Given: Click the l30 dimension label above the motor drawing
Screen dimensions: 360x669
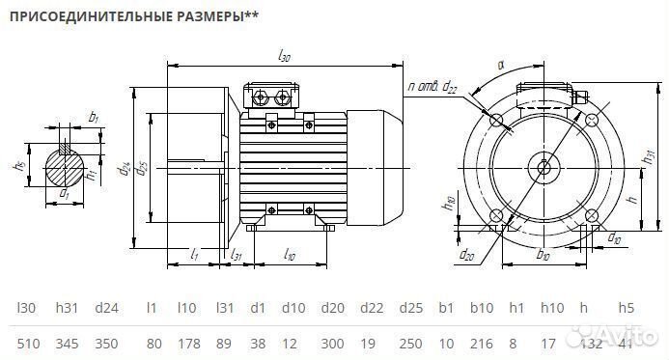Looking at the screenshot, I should click(x=284, y=57).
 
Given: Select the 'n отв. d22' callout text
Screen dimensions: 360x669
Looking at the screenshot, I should click(x=432, y=88).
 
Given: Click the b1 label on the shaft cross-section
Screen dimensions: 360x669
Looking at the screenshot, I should click(x=93, y=118).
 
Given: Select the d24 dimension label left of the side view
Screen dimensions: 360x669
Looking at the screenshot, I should click(x=125, y=170).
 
